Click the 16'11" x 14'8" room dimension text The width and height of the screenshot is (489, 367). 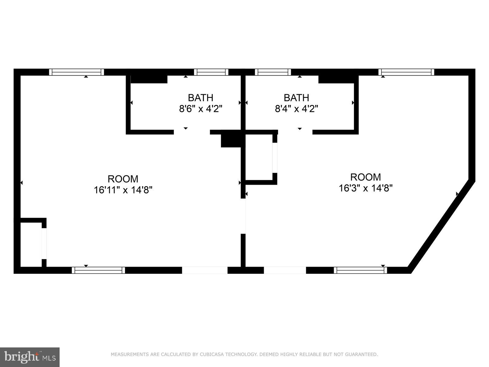123,190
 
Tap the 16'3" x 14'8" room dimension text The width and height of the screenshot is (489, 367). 366,188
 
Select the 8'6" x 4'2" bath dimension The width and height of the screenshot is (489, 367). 201,109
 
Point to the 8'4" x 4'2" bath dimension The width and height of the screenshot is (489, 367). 296,109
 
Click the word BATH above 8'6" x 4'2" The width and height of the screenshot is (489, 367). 201,98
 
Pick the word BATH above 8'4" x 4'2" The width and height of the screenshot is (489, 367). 296,98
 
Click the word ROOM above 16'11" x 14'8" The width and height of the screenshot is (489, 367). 123,179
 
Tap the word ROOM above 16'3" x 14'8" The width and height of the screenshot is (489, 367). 366,177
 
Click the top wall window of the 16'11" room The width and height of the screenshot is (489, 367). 76,72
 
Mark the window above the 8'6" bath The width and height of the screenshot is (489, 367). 211,72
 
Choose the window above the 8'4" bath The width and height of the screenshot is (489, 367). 273,72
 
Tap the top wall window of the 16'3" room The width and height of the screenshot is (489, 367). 406,72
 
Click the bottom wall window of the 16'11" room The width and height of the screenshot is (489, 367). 98,270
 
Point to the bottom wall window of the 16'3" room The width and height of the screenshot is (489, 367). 360,270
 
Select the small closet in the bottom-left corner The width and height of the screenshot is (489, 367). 31,244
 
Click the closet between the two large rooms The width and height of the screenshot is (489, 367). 259,157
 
